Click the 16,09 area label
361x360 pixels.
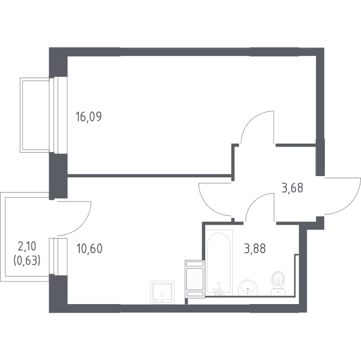point(88,117)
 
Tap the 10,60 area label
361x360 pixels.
point(89,249)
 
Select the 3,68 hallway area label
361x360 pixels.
point(292,188)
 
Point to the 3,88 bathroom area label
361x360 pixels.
point(255,248)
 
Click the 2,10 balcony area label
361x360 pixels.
point(27,246)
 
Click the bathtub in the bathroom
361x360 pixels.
point(219,263)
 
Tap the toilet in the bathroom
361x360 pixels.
point(278,284)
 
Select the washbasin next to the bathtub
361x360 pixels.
point(248,287)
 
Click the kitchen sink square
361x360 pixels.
point(162,292)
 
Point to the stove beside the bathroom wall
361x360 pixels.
point(195,279)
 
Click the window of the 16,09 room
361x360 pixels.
point(58,115)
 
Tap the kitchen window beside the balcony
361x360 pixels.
point(58,257)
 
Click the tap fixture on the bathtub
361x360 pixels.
point(218,290)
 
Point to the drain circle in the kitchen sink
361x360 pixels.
point(162,294)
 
